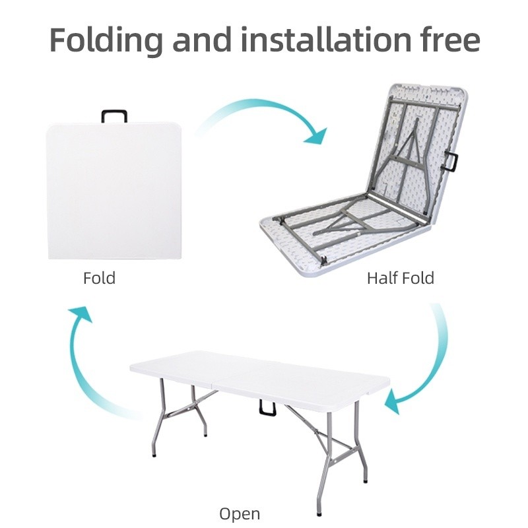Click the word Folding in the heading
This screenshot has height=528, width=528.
pyautogui.click(x=106, y=40)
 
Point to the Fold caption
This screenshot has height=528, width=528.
pyautogui.click(x=100, y=278)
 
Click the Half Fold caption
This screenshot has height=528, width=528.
pyautogui.click(x=401, y=278)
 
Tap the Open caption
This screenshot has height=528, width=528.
pyautogui.click(x=240, y=515)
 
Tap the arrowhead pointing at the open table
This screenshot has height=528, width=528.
pyautogui.click(x=393, y=402)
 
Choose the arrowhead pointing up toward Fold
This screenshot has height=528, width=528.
pyautogui.click(x=81, y=314)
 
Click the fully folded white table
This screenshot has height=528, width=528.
pyautogui.click(x=114, y=191)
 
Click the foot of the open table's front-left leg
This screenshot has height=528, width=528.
pyautogui.click(x=154, y=455)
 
